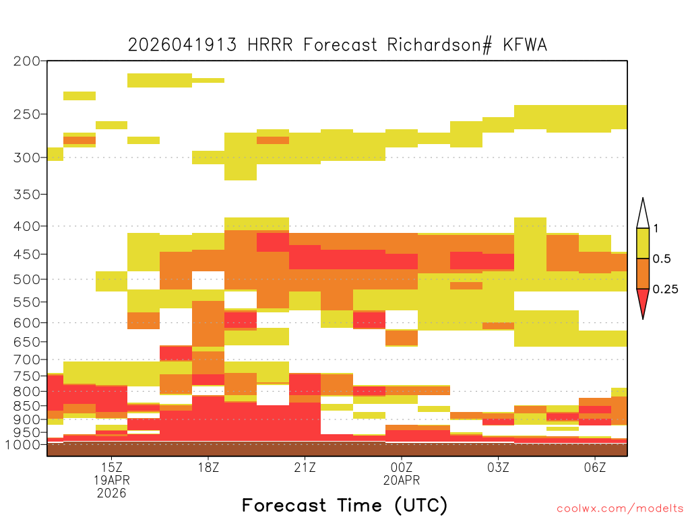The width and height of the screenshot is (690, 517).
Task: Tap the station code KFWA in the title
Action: tap(525, 45)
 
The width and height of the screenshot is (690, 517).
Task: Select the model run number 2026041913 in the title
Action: tap(182, 45)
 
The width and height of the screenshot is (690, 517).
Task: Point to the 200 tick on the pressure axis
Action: tap(26, 61)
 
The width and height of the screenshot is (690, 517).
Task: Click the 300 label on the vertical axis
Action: tap(26, 158)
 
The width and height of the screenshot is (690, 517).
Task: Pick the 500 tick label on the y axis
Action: tap(26, 279)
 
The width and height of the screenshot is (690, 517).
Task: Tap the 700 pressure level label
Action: tap(26, 359)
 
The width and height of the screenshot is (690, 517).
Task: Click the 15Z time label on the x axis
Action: tap(111, 467)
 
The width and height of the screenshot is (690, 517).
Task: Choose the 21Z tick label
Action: tap(305, 467)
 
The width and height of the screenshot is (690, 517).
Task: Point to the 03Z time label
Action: tap(498, 467)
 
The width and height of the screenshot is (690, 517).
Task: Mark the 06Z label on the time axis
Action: tap(595, 467)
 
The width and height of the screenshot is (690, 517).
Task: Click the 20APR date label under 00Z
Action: tap(402, 480)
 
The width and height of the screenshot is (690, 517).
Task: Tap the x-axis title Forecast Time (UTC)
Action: tap(344, 506)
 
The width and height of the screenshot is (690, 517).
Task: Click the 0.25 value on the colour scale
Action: tap(665, 289)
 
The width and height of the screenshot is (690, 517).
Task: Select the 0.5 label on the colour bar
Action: tap(662, 259)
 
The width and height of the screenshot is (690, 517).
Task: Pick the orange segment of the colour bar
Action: tap(643, 274)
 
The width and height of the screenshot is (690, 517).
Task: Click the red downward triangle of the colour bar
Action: tap(643, 301)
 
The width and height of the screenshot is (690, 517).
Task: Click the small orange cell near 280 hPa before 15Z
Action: tap(80, 141)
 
